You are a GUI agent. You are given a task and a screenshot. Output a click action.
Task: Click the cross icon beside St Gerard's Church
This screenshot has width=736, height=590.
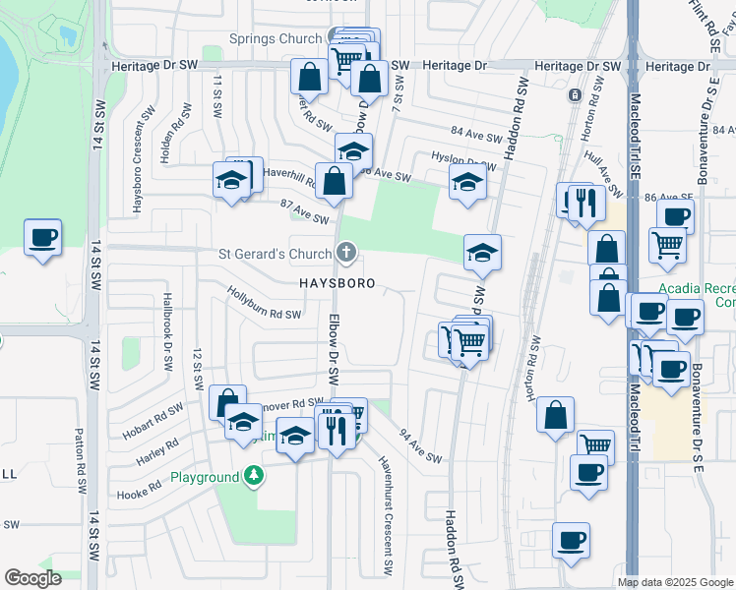point(344,254)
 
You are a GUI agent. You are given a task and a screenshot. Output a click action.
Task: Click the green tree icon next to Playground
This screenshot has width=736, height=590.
point(254,477)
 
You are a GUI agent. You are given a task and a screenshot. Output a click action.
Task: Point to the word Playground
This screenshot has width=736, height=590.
point(205,478)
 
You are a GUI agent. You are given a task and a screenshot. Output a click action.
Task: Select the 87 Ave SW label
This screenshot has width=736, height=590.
point(303,209)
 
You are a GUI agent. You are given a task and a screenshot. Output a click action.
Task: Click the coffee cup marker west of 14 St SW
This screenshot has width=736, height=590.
point(42,238)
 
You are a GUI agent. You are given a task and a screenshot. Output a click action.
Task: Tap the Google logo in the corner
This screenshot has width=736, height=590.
point(33,578)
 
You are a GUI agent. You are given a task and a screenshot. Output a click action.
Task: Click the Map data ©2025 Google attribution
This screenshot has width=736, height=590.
point(674,582)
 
